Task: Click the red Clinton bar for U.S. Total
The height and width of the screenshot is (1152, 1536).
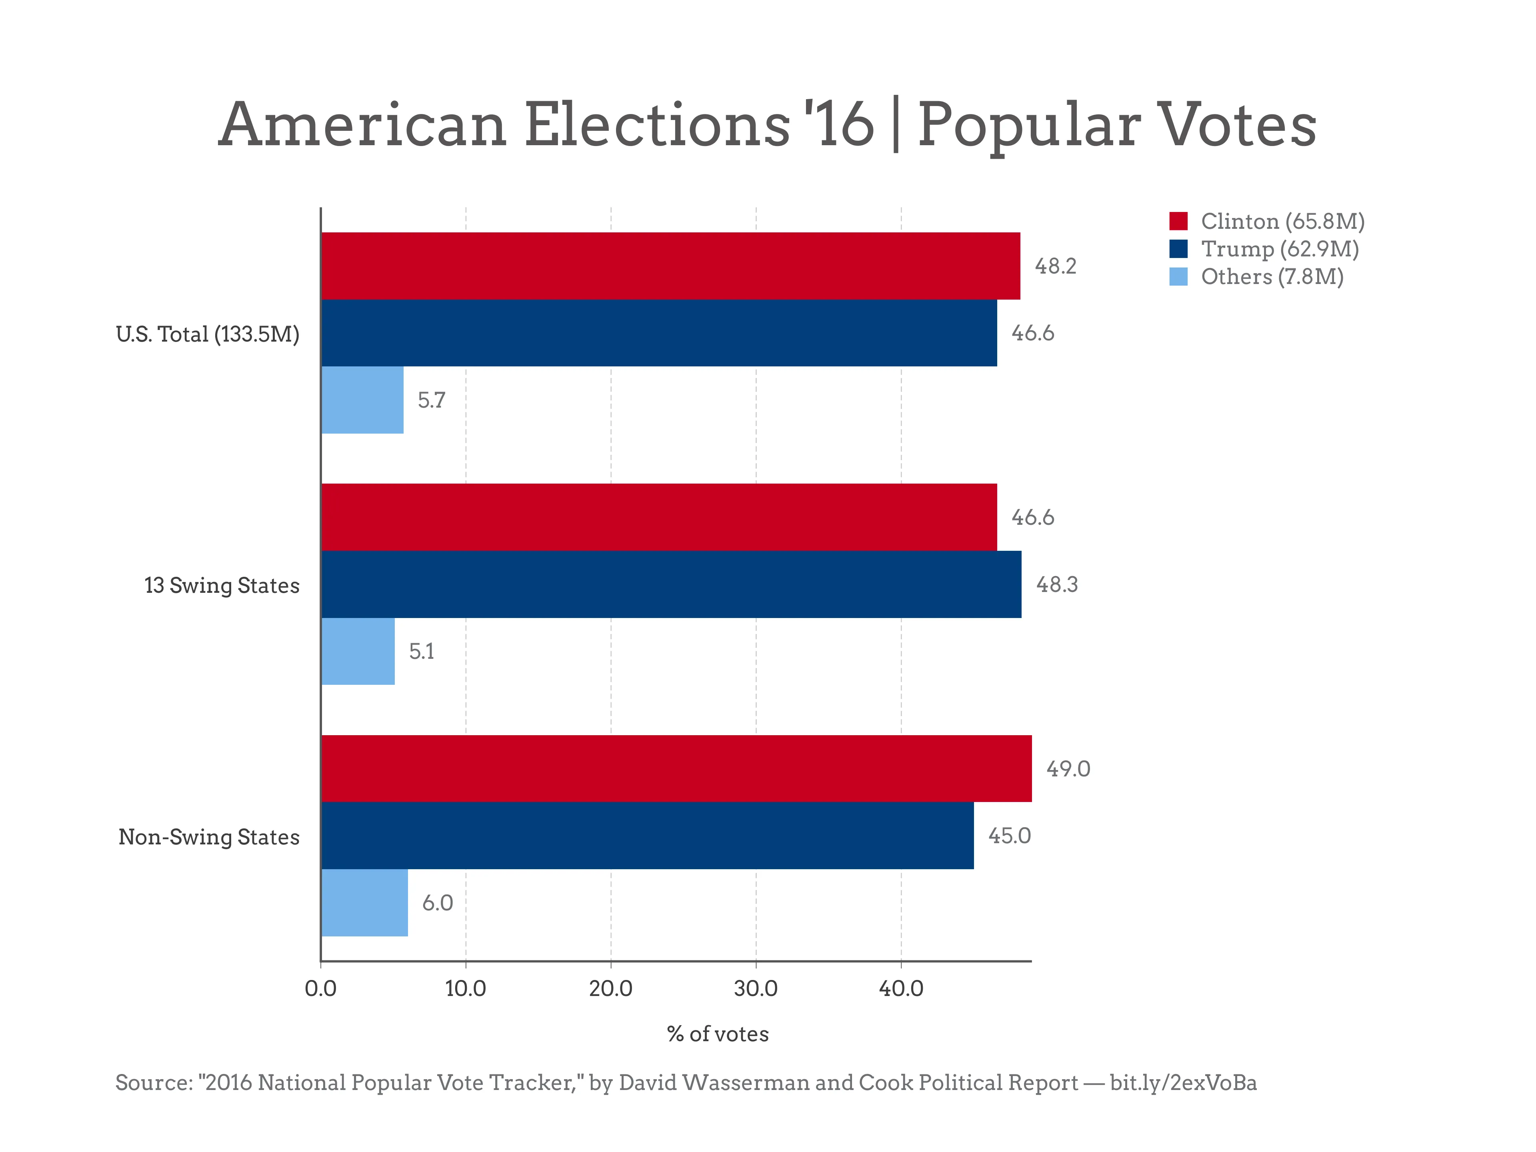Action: point(670,266)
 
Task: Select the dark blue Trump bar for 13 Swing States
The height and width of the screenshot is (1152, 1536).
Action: point(671,584)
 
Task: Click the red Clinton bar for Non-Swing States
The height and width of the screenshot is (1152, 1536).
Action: point(676,768)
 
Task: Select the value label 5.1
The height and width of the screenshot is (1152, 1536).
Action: point(422,651)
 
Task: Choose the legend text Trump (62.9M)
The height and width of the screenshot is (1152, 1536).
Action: point(1279,248)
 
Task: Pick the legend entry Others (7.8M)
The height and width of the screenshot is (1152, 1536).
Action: point(1272,276)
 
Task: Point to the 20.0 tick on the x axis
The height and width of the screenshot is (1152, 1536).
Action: point(610,988)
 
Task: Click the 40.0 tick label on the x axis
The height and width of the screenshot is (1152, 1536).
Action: point(901,988)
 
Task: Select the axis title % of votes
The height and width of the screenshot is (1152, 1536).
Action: point(717,1034)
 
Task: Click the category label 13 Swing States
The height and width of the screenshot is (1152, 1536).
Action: point(222,585)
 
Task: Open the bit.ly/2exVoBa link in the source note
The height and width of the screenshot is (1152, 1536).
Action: point(1182,1082)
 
